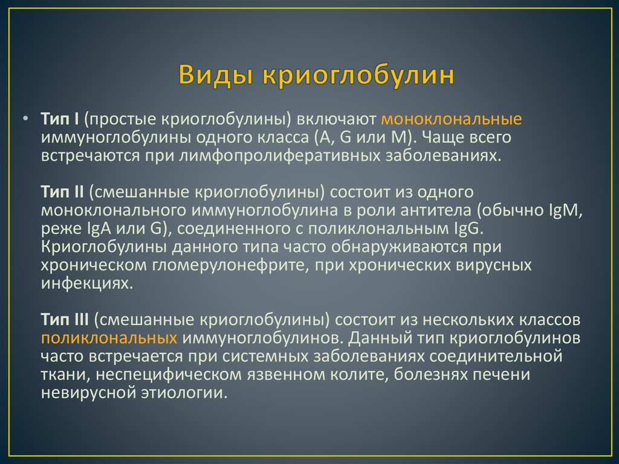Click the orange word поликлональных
109,338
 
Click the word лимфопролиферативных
279,155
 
